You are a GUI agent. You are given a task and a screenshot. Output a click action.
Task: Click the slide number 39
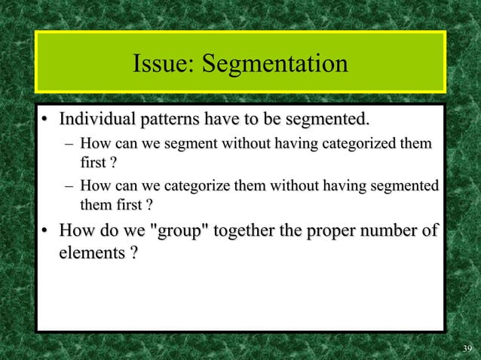click(466, 348)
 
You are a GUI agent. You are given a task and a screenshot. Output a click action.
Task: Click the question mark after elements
click(133, 253)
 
